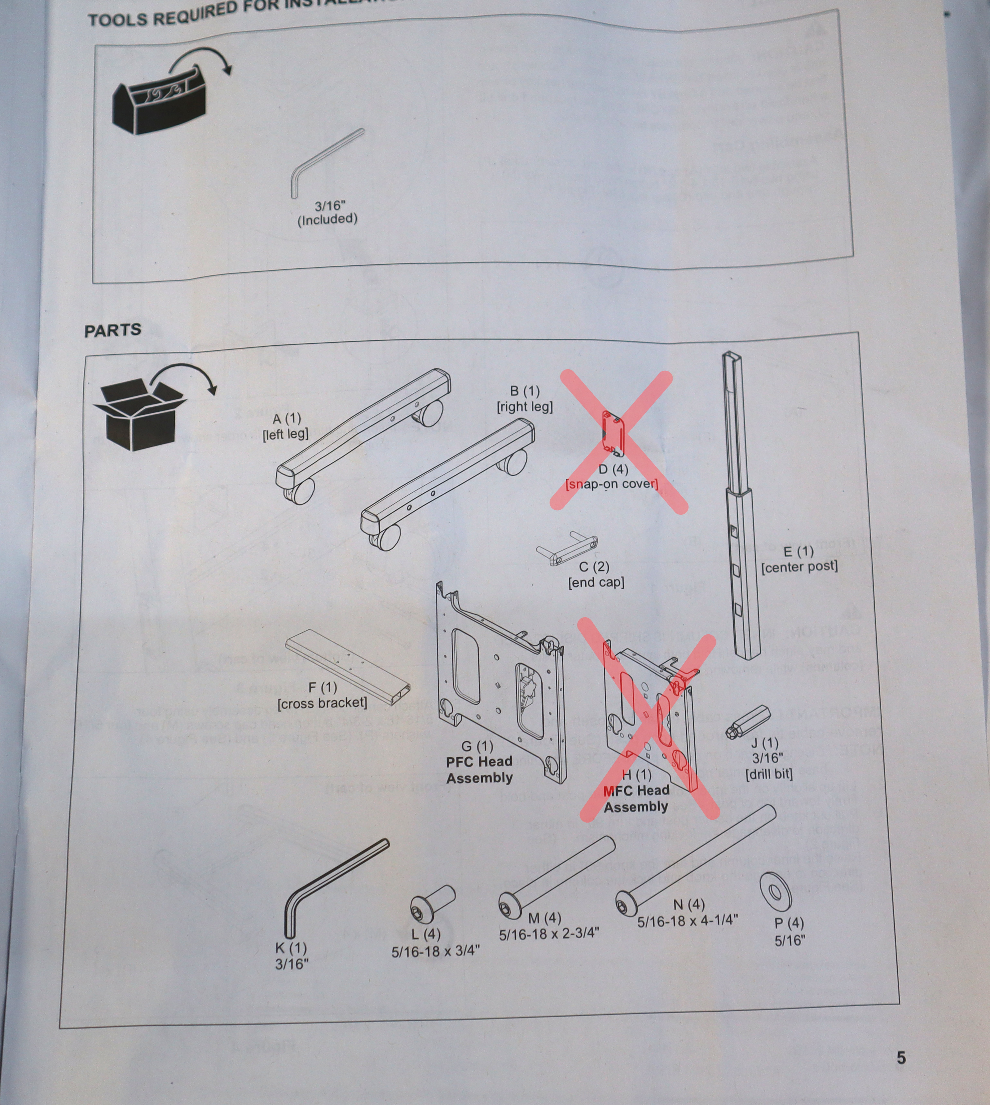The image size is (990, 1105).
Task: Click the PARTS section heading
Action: (112, 331)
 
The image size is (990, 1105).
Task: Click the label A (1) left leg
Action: (286, 426)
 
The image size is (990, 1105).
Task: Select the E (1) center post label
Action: (799, 559)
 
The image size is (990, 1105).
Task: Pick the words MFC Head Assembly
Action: (636, 798)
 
